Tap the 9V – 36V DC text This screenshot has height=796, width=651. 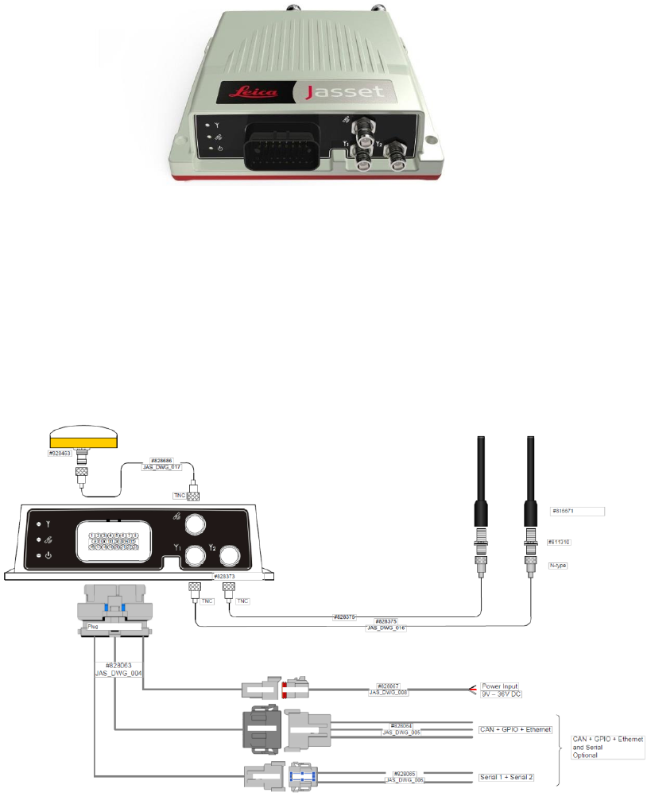click(502, 694)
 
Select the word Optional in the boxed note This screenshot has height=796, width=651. click(587, 755)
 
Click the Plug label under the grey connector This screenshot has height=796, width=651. click(95, 626)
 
